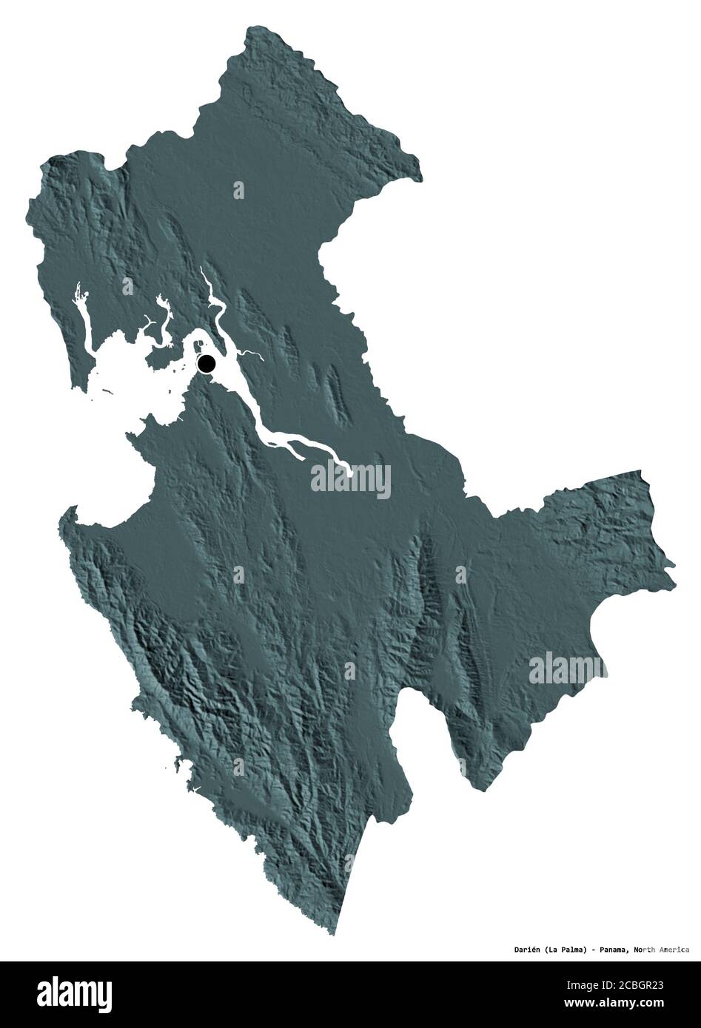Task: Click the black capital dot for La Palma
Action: coord(207,363)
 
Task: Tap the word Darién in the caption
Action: coord(510,949)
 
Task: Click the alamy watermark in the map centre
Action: coord(350,479)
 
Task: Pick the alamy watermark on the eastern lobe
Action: coord(568,669)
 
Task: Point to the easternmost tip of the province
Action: coord(674,567)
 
